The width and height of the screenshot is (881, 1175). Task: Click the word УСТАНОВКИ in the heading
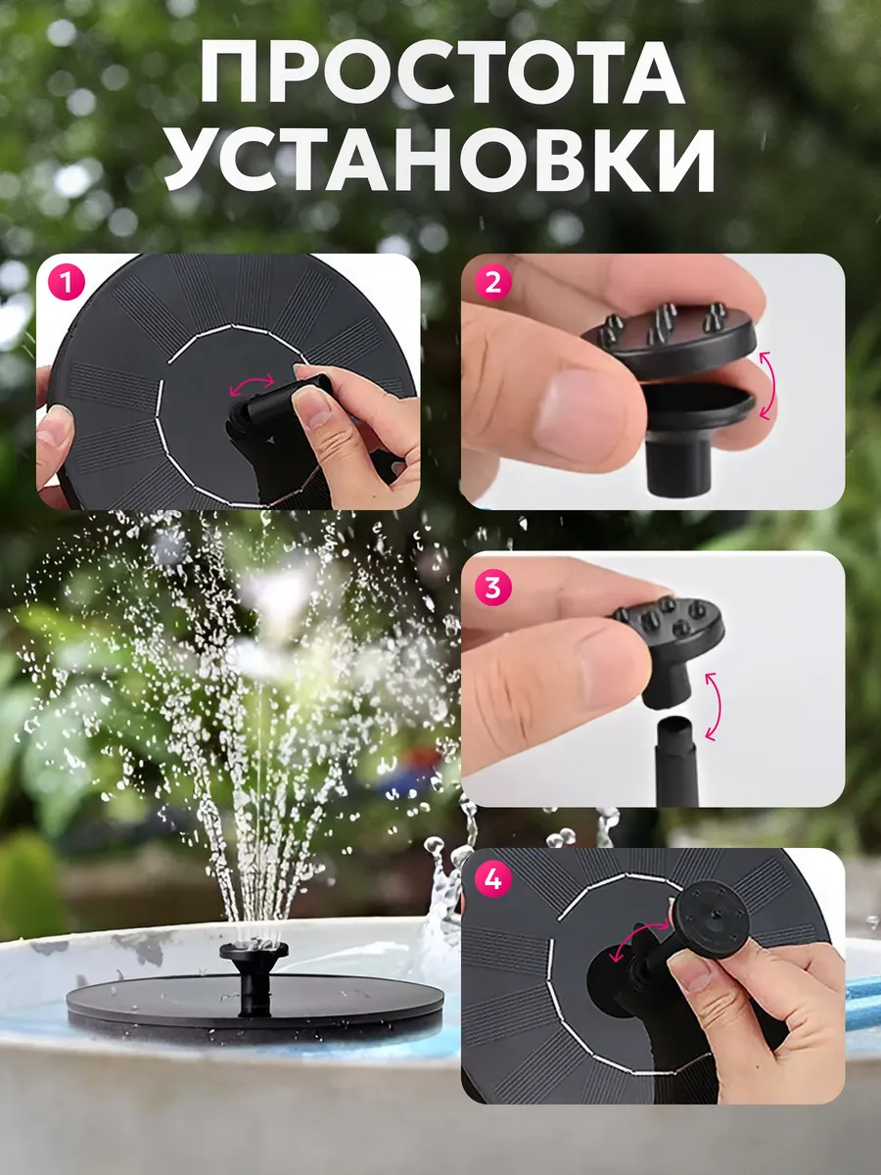pos(440,162)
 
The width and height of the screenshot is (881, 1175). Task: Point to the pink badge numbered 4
pos(492,878)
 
